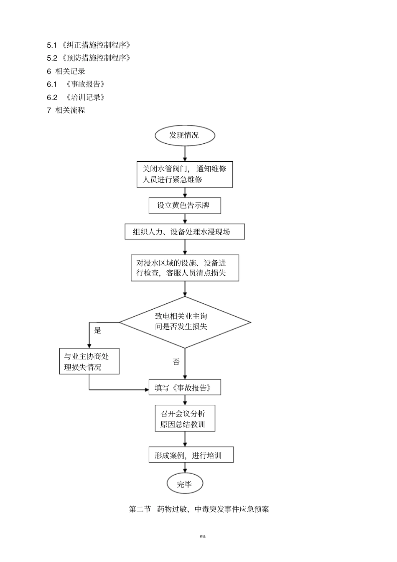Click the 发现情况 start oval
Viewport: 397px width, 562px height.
pyautogui.click(x=185, y=135)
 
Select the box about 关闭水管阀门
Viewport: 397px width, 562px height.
pyautogui.click(x=185, y=174)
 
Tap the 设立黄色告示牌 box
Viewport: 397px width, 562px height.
pyautogui.click(x=185, y=205)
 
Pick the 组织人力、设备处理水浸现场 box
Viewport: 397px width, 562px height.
pyautogui.click(x=185, y=231)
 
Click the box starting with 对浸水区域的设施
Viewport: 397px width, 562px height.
pyautogui.click(x=185, y=268)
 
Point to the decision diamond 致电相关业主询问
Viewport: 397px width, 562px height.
pyautogui.click(x=185, y=322)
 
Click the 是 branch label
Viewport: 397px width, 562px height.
pyautogui.click(x=97, y=331)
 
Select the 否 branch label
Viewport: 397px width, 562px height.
pyautogui.click(x=176, y=362)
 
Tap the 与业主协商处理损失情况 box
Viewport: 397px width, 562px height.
pyautogui.click(x=89, y=361)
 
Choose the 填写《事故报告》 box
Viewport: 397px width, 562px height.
pyautogui.click(x=185, y=388)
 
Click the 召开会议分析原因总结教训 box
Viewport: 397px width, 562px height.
pyautogui.click(x=185, y=419)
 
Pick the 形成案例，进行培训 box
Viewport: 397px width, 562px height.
pyautogui.click(x=191, y=455)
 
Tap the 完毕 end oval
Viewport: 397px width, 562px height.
pyautogui.click(x=185, y=484)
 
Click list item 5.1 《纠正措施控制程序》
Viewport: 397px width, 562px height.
pyautogui.click(x=89, y=45)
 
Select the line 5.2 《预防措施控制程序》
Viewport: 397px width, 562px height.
pyautogui.click(x=89, y=58)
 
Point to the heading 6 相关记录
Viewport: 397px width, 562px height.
pyautogui.click(x=66, y=71)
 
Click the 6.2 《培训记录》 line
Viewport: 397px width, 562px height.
pyautogui.click(x=76, y=97)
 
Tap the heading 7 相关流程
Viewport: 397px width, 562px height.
pyautogui.click(x=66, y=110)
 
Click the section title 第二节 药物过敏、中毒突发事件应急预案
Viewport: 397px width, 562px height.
pyautogui.click(x=199, y=509)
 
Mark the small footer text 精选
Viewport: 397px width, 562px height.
pyautogui.click(x=203, y=536)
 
